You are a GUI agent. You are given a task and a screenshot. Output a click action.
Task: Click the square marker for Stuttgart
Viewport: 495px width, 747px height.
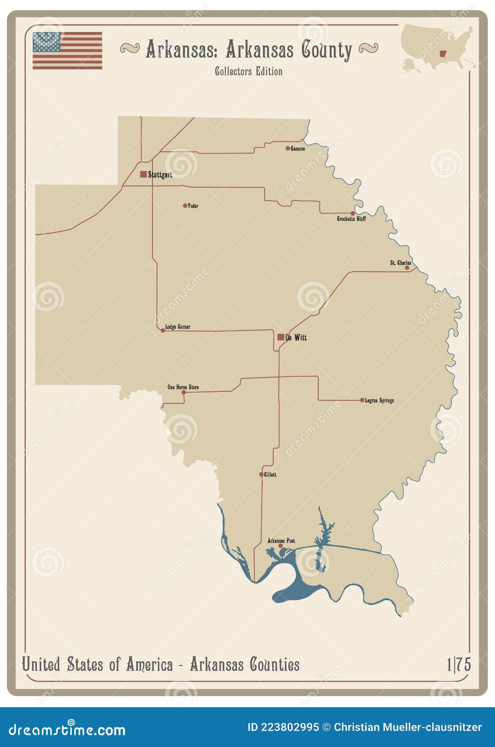(143, 174)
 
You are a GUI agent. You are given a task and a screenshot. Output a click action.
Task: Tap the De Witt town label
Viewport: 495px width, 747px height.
(296, 337)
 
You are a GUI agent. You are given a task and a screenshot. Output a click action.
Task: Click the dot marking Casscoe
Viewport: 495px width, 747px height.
(288, 149)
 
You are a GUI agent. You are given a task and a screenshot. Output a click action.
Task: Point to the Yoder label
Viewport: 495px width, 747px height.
(193, 206)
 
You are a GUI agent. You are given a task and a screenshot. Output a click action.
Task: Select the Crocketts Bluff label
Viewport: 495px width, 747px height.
(351, 219)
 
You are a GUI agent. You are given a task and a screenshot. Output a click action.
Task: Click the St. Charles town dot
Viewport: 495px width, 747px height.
(407, 268)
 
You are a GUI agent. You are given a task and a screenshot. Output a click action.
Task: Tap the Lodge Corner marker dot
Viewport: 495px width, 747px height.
(163, 330)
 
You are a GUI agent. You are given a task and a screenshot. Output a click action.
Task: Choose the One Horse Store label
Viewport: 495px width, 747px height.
(183, 387)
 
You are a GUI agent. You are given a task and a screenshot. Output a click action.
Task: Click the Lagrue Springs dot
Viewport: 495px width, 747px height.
(362, 400)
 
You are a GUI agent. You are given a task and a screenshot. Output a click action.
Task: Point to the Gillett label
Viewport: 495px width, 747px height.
(270, 474)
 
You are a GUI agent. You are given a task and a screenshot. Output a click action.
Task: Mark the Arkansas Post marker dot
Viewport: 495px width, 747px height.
(280, 546)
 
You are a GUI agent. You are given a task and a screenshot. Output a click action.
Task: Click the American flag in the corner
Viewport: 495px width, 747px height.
(67, 50)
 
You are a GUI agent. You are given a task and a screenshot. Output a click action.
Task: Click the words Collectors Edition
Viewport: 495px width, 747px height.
(248, 71)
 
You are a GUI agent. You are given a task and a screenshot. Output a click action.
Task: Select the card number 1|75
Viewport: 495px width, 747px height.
(458, 664)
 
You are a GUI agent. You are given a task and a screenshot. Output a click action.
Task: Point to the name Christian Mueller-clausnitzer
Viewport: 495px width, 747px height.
(407, 727)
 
